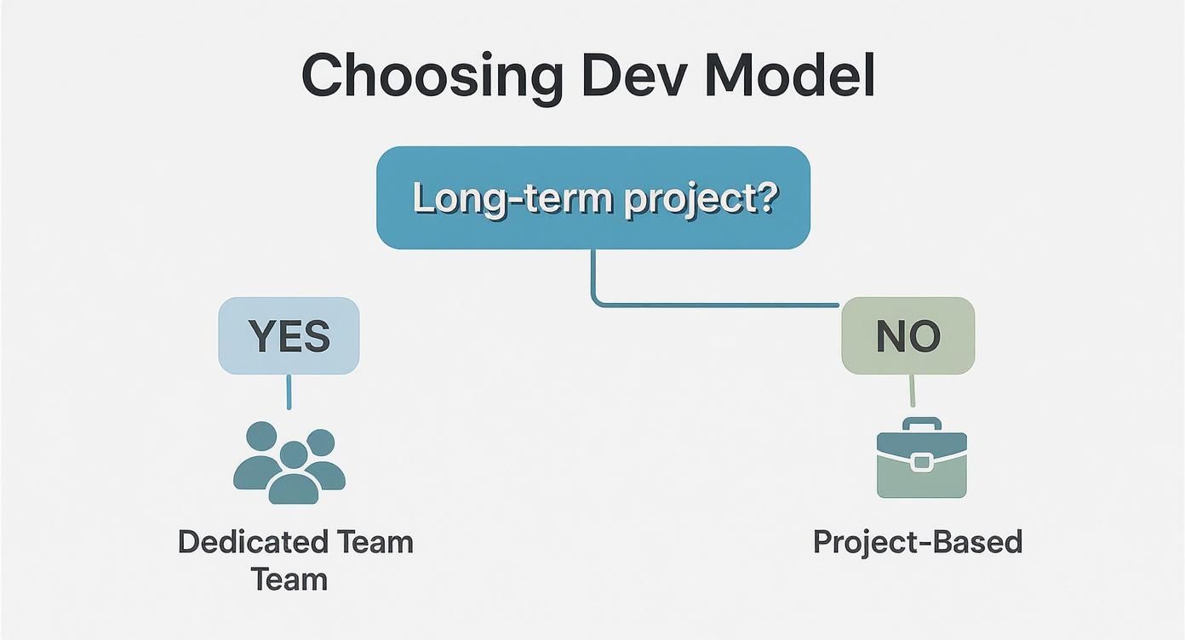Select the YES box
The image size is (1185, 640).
pos(289,336)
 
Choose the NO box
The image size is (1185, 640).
pos(907,336)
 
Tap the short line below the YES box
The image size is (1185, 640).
pos(289,391)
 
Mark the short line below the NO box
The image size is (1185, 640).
pos(912,391)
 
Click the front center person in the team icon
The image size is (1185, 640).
pos(293,477)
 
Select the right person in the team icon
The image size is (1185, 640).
pos(323,460)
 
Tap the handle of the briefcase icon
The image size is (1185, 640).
pos(921,424)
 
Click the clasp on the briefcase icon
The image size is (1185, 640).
pos(921,462)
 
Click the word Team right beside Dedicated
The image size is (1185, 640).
pos(375,542)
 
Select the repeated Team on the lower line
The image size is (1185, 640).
pos(289,580)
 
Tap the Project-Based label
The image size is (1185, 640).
pos(917,542)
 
